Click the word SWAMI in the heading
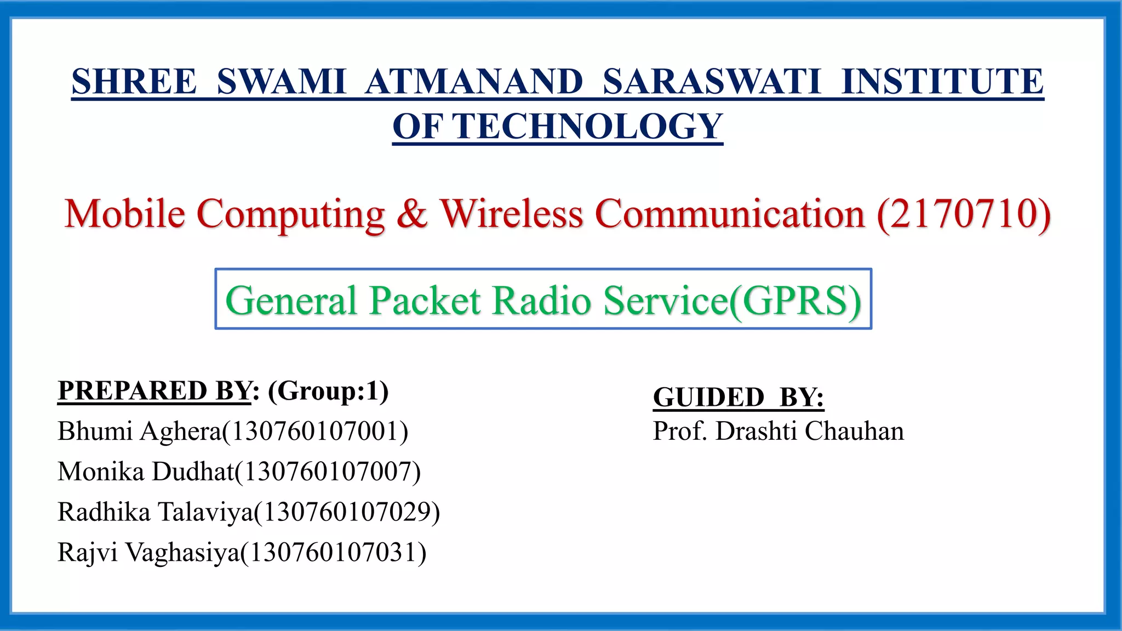click(281, 82)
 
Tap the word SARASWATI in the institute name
click(712, 82)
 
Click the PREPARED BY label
click(154, 391)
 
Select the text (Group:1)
click(328, 391)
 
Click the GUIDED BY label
click(738, 397)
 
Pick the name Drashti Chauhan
click(810, 431)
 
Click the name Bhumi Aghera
click(139, 431)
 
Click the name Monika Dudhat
click(146, 472)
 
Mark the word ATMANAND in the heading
click(474, 82)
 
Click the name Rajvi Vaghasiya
click(148, 552)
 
